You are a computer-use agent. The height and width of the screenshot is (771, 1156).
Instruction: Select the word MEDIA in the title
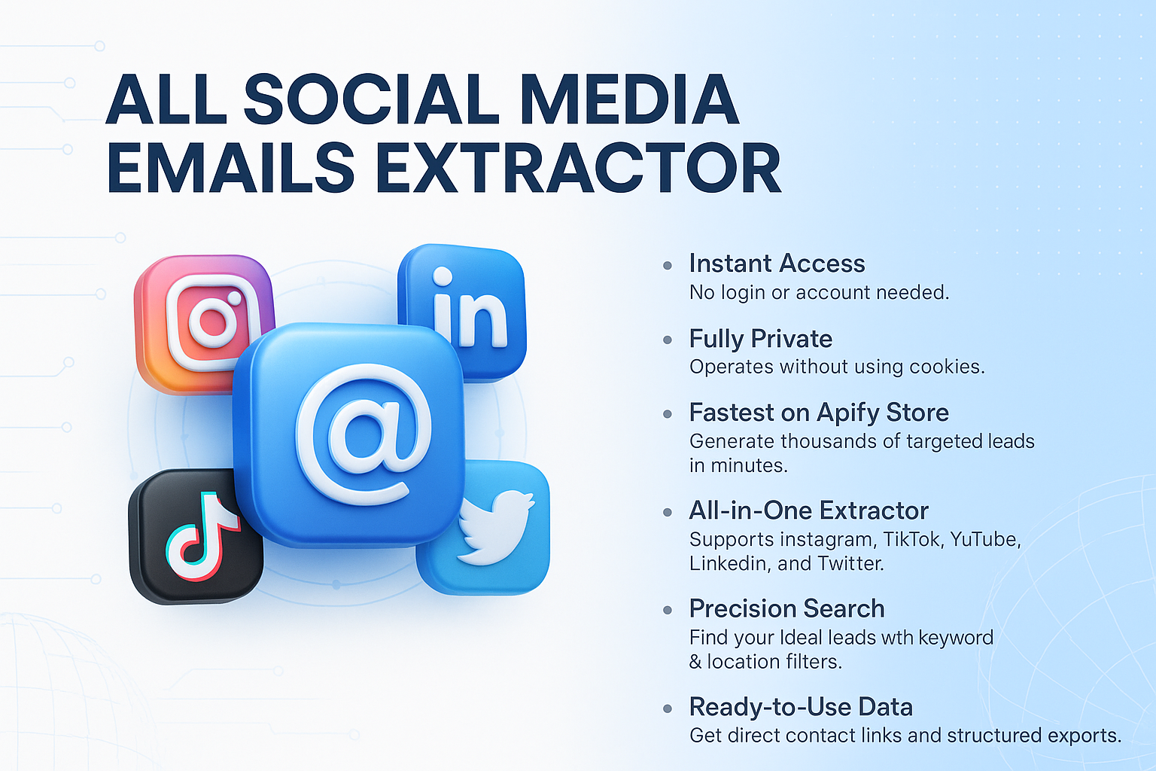[629, 99]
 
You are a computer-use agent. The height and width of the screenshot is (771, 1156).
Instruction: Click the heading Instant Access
[777, 264]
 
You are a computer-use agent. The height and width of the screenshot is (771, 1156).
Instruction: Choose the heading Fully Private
[760, 339]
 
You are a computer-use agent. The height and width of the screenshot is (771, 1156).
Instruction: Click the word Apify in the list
[847, 413]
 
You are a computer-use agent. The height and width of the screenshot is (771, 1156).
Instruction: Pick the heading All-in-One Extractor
[808, 510]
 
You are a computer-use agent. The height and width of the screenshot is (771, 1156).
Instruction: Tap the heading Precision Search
[786, 608]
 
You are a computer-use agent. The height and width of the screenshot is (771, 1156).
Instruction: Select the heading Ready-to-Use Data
[801, 707]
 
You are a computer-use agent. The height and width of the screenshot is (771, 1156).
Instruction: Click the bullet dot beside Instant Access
[668, 265]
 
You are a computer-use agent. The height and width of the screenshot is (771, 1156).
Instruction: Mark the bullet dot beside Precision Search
[668, 610]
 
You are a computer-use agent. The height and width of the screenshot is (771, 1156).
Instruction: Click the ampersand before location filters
[695, 662]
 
